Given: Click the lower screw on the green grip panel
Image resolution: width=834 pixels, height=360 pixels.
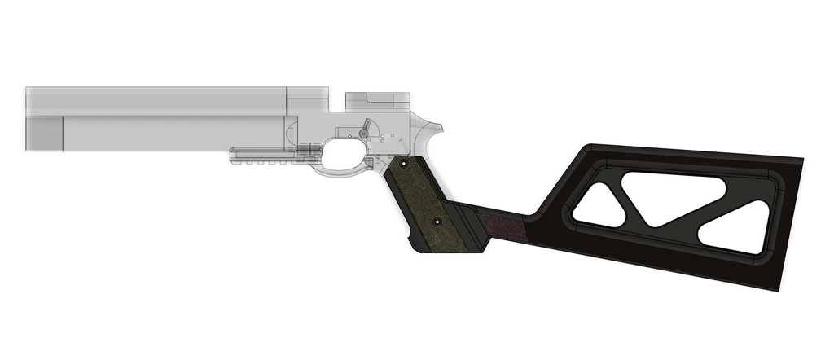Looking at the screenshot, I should coord(437,221).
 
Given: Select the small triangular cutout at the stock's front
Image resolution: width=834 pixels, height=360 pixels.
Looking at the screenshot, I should coord(599,204).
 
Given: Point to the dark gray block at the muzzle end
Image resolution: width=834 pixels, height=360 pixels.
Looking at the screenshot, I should coord(45,133).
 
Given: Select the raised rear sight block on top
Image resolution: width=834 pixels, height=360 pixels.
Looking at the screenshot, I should coord(375,100).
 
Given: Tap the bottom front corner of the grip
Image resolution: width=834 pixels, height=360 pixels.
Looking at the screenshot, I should coord(418,247).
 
